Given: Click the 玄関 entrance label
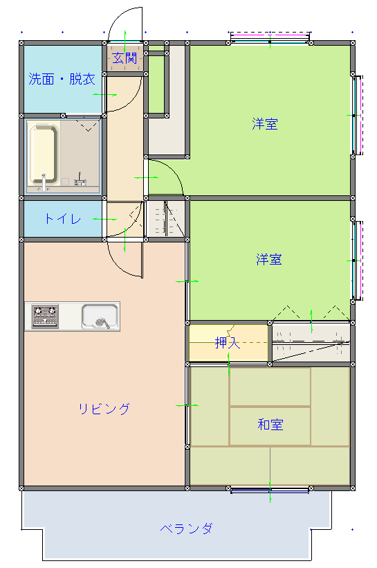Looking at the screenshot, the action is pyautogui.click(x=125, y=58).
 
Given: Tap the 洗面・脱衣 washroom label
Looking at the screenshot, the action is pyautogui.click(x=62, y=78).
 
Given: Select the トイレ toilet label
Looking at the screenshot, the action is pyautogui.click(x=62, y=218).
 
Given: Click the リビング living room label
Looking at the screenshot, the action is pyautogui.click(x=104, y=409).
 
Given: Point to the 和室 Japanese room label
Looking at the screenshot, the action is pyautogui.click(x=270, y=424).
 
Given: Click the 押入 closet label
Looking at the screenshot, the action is pyautogui.click(x=228, y=343).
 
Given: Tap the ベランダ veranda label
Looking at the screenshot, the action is pyautogui.click(x=186, y=529).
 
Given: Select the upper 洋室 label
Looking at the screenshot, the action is pyautogui.click(x=265, y=124).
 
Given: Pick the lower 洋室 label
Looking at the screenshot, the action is pyautogui.click(x=269, y=259).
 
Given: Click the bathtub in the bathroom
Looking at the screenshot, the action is pyautogui.click(x=44, y=154).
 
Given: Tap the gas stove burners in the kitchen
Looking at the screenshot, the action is pyautogui.click(x=45, y=317).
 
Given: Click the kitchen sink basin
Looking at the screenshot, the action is pyautogui.click(x=100, y=317).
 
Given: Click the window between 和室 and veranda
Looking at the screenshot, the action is pyautogui.click(x=270, y=490).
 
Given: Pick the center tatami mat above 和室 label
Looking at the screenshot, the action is pyautogui.click(x=270, y=387).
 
